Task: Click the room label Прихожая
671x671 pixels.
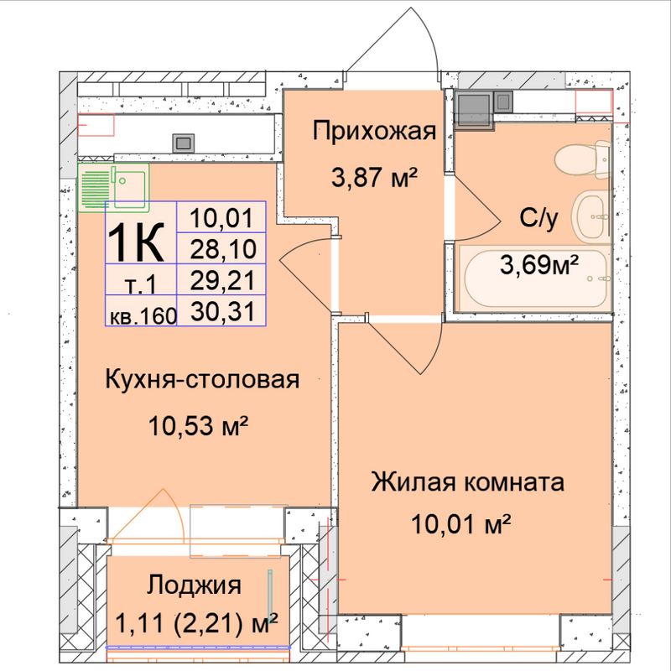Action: [374, 132]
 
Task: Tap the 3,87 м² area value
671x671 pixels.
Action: [374, 177]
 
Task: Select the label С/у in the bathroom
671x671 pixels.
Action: [538, 218]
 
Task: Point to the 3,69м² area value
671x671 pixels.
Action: [539, 265]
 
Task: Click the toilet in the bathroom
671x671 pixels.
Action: [582, 160]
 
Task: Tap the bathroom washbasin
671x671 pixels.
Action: [592, 216]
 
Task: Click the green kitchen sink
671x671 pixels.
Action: [113, 187]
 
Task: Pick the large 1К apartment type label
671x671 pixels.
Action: [136, 242]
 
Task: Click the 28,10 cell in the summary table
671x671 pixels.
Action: [222, 248]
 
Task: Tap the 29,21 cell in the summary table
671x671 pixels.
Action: [222, 280]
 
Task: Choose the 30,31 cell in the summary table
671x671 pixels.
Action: [222, 310]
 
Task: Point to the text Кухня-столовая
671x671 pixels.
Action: [202, 380]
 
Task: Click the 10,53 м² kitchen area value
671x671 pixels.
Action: [199, 426]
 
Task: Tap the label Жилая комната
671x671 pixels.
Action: [467, 481]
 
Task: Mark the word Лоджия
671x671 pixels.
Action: [194, 585]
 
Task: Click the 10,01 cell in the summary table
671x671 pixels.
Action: [222, 217]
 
